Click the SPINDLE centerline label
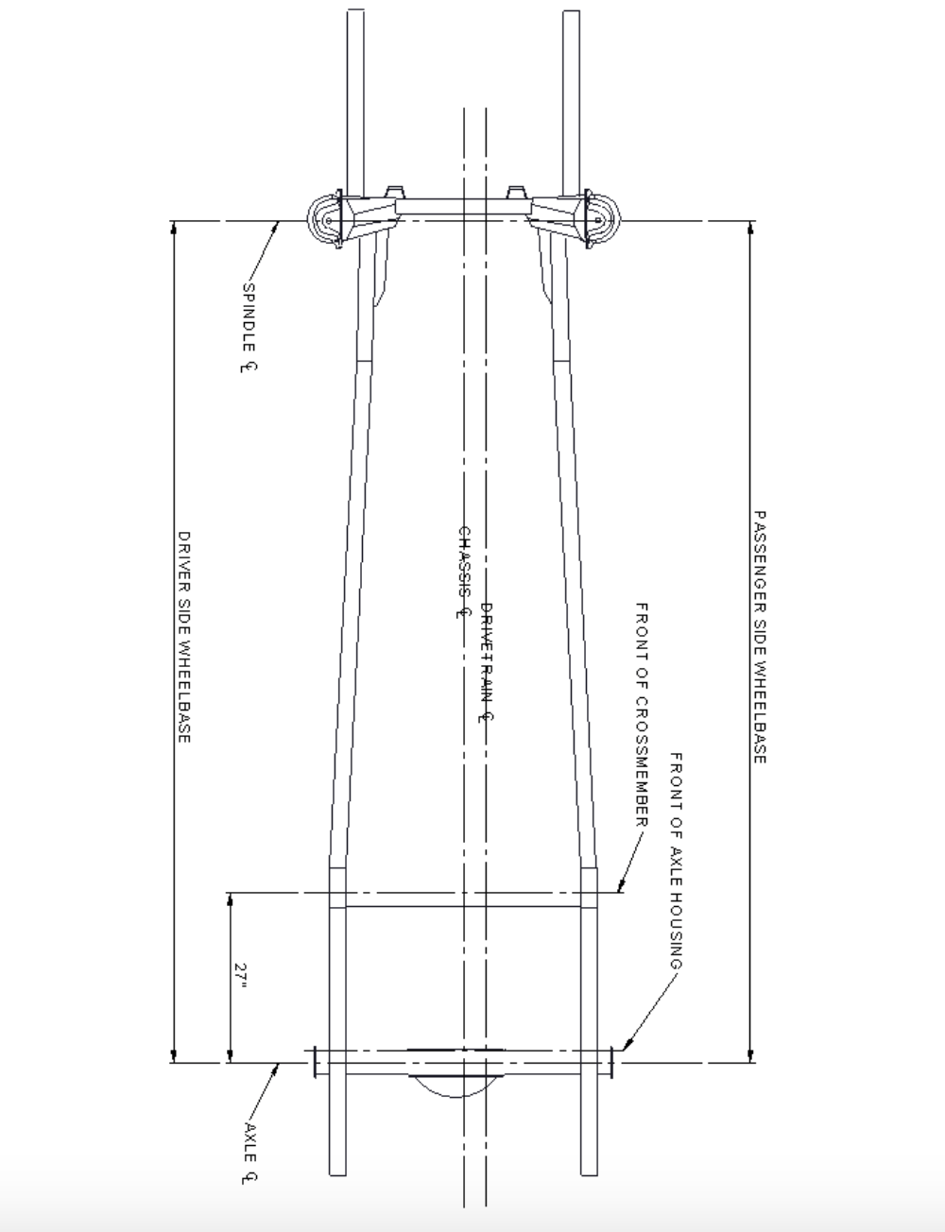(249, 327)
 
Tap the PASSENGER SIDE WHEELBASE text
(760, 637)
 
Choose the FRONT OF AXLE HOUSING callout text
(676, 861)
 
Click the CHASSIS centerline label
(464, 573)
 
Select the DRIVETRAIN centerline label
(488, 662)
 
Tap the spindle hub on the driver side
(326, 220)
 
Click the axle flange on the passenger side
(612, 1062)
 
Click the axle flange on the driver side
(313, 1062)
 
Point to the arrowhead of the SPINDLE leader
(278, 224)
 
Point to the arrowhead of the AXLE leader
(281, 1066)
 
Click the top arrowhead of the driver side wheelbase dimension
(174, 227)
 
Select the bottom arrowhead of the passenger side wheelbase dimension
(751, 1057)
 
